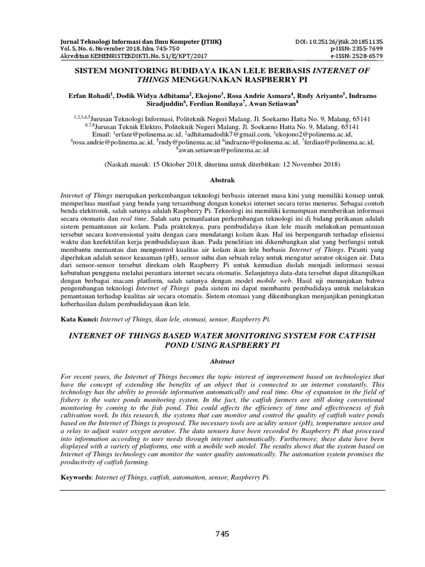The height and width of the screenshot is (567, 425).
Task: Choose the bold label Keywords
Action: tap(76, 477)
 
